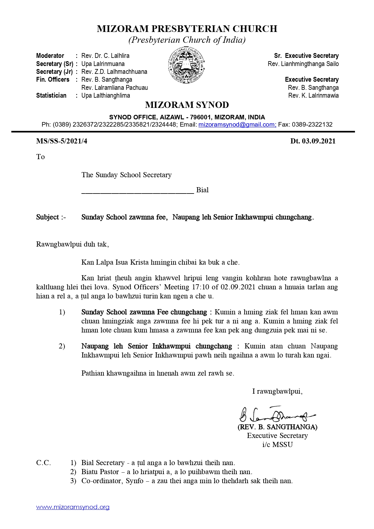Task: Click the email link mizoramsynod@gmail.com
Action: (237, 124)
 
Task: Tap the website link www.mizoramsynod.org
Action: (73, 507)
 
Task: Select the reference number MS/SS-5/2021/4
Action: (62, 141)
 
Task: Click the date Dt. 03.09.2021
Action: (313, 141)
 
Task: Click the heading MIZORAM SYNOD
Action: (187, 105)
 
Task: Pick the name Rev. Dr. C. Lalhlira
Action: (105, 56)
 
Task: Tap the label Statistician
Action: (51, 96)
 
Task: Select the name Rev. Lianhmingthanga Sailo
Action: (303, 64)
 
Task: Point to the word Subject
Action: (48, 217)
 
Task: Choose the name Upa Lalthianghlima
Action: (106, 96)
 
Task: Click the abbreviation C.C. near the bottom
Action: (43, 463)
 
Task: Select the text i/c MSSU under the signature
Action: (277, 445)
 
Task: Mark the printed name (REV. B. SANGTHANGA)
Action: (277, 427)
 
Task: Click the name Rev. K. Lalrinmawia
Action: (313, 96)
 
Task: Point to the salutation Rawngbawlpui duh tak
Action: (72, 244)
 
